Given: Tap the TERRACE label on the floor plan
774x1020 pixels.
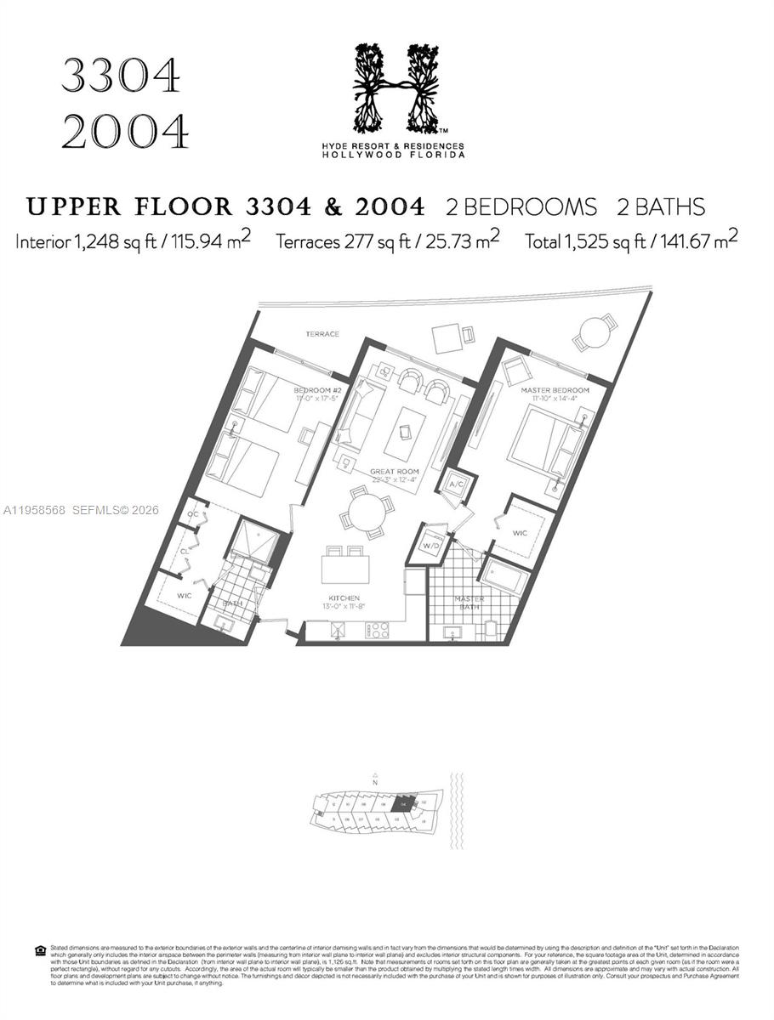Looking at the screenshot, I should point(322,334).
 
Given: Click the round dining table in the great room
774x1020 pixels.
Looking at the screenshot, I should point(367,513).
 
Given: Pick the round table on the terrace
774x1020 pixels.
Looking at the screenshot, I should point(595,331).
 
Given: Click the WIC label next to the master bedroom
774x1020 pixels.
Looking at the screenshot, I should point(521,533).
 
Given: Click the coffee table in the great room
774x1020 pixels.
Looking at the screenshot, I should point(403,433).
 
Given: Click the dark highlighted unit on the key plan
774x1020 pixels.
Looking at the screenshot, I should point(405,802).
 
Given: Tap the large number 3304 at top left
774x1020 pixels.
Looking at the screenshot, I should point(120,79).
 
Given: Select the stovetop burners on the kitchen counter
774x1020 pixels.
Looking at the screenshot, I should point(377,630).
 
